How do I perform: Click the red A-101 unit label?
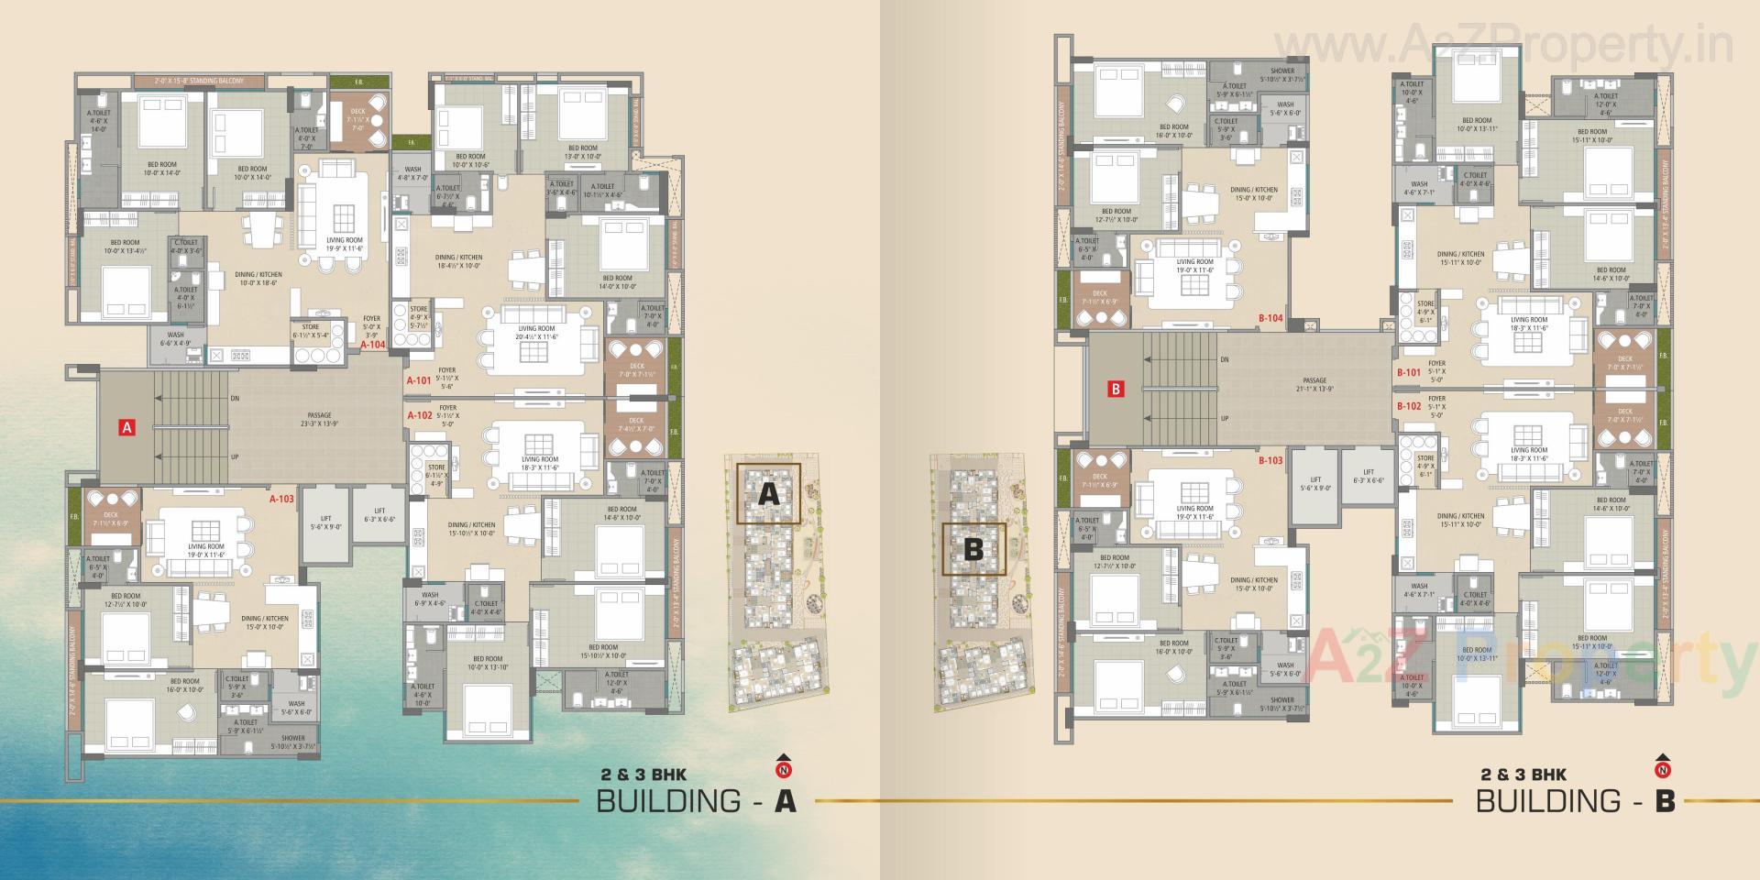tap(419, 379)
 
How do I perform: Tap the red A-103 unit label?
tap(281, 500)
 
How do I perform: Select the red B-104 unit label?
tap(1270, 318)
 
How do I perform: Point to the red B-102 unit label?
tap(1409, 406)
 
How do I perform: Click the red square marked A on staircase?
tap(127, 426)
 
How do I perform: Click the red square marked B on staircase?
tap(1116, 389)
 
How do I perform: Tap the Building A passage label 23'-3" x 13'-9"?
tap(319, 420)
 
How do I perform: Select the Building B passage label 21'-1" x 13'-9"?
tap(1314, 384)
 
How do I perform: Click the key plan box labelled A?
tap(768, 493)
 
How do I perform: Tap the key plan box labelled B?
tap(973, 549)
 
